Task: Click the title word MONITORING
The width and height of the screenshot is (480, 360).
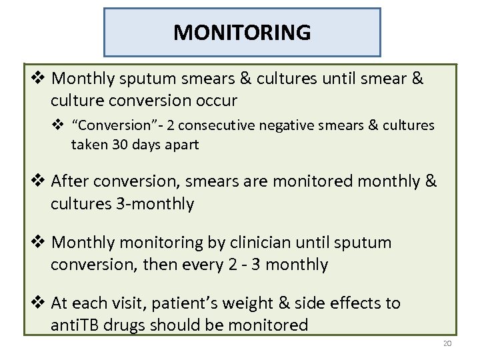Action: point(242,32)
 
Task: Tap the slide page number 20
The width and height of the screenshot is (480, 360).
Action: point(446,343)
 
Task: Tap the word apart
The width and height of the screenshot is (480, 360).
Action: point(181,145)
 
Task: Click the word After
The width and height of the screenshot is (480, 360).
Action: point(71,181)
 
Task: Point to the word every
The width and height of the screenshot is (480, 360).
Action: point(197,265)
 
